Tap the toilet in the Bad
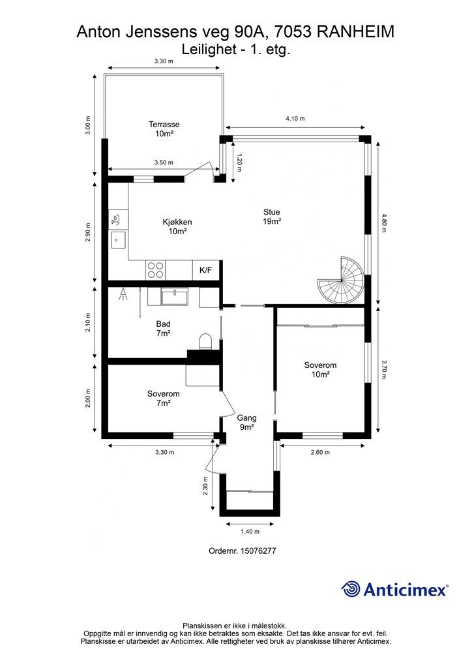coord(205,342)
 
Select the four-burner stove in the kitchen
coord(155,270)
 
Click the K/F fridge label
coord(205,270)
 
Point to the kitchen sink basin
coord(118,240)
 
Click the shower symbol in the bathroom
coord(123,294)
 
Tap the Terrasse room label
coord(164,129)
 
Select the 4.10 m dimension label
coord(295,119)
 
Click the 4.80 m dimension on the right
coord(383,222)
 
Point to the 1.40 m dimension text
coord(250,531)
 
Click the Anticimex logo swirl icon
coord(351,589)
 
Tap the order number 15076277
coord(258,551)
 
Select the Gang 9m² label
coord(247,423)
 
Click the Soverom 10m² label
coord(320,370)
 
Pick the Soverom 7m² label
coord(164,399)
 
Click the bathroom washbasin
coord(175,297)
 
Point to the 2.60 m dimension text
coord(320,453)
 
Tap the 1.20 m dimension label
coord(239,162)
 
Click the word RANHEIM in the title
coord(356,32)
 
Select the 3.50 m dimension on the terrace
coord(164,162)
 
